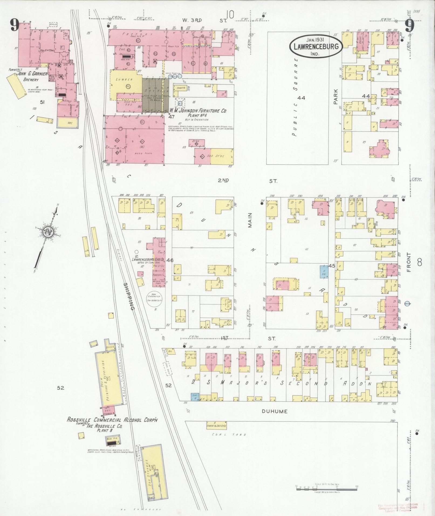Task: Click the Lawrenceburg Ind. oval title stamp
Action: (316, 46)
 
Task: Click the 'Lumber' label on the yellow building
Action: (124, 80)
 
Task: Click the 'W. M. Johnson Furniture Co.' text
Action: (198, 111)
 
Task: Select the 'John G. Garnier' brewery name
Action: (32, 74)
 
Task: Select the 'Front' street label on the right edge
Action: (409, 262)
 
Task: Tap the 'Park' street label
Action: (335, 97)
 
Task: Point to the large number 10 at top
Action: (230, 22)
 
